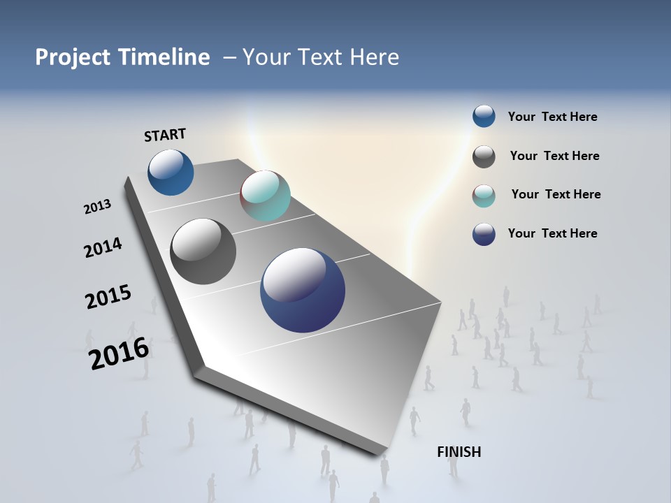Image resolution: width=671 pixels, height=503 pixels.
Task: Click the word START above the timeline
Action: (x=165, y=135)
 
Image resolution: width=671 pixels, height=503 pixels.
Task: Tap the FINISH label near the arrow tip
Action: (x=459, y=452)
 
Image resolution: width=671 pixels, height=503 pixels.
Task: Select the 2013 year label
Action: (x=97, y=207)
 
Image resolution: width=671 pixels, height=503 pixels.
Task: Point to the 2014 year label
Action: (x=103, y=248)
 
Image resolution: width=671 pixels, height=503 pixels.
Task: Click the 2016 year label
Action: (x=119, y=353)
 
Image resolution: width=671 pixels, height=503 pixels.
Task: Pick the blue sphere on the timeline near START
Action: (x=171, y=172)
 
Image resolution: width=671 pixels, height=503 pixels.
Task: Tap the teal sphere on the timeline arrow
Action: (x=265, y=196)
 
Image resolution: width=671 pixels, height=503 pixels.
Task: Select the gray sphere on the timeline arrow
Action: (x=203, y=251)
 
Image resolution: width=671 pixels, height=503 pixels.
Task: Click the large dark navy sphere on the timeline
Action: (x=303, y=290)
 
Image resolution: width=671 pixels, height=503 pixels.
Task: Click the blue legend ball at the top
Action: (x=484, y=116)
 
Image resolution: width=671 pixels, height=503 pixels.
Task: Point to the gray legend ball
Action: (x=484, y=156)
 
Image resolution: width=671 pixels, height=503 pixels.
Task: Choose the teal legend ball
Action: (x=484, y=196)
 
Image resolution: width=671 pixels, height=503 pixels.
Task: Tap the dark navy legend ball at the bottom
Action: (x=484, y=234)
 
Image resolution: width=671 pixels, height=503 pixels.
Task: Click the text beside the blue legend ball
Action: (x=552, y=117)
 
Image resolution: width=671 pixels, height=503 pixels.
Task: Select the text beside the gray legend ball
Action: (x=554, y=156)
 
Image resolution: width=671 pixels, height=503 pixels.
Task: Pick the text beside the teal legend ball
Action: (x=556, y=194)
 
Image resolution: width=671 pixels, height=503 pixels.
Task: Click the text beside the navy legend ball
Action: (x=552, y=233)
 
